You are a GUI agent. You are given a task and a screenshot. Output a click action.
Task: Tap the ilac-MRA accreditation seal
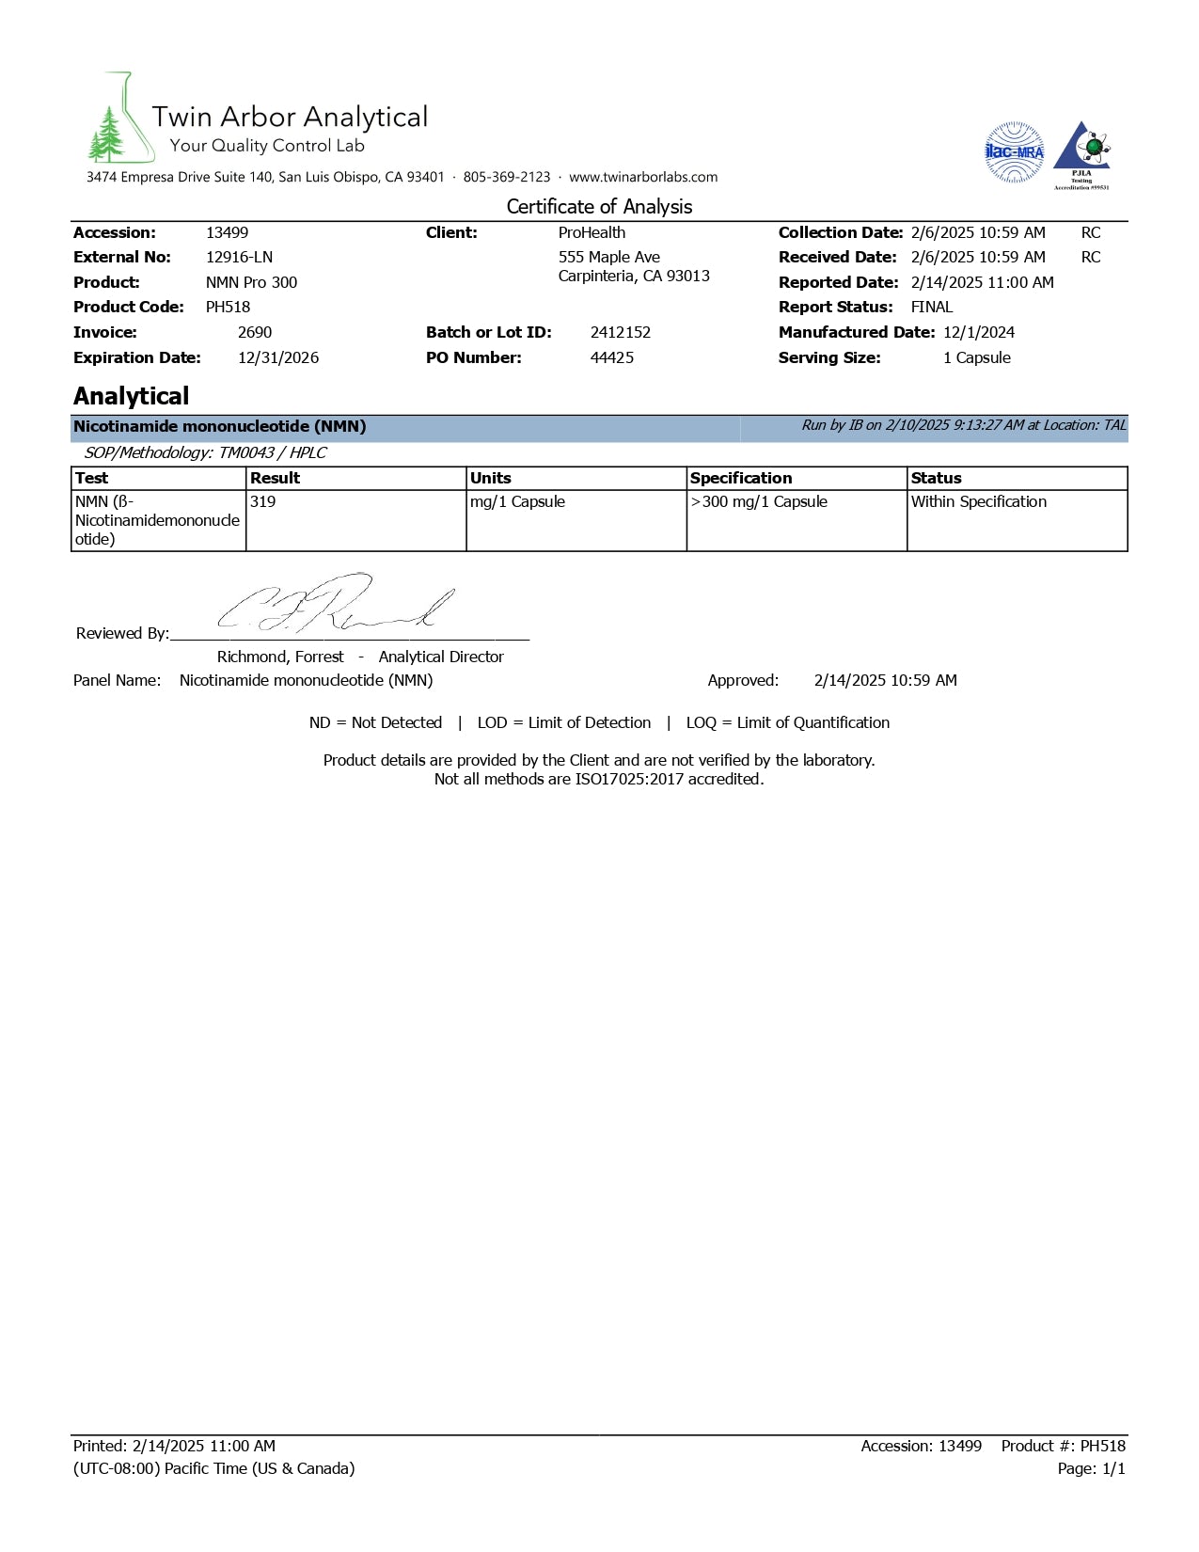tap(1014, 151)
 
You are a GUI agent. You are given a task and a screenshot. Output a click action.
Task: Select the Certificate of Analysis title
tap(599, 207)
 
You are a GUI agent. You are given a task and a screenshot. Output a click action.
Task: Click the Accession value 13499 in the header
tap(227, 232)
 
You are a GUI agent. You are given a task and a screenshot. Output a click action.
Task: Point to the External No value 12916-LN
tap(239, 257)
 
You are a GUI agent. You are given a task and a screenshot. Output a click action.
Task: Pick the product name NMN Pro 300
tap(251, 282)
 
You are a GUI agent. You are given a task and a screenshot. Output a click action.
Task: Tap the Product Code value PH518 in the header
tap(228, 307)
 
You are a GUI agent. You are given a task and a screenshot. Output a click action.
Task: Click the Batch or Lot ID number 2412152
tap(620, 332)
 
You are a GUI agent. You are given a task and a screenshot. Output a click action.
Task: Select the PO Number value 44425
tap(611, 357)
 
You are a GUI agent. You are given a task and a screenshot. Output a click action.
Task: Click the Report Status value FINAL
tap(931, 307)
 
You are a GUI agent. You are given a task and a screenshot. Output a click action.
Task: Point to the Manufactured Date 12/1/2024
tap(978, 332)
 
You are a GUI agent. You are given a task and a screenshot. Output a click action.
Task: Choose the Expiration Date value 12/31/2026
tap(277, 357)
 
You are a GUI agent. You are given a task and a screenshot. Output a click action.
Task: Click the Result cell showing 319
tap(263, 502)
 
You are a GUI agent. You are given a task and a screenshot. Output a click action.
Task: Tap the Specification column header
tap(741, 478)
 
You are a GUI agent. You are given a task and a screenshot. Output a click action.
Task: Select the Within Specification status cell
tap(978, 502)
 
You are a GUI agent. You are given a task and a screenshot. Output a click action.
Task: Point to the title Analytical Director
tap(441, 657)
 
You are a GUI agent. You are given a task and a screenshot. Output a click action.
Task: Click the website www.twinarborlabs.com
tap(643, 177)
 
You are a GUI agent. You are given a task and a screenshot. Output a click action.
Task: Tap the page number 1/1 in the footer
tap(1112, 1468)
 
